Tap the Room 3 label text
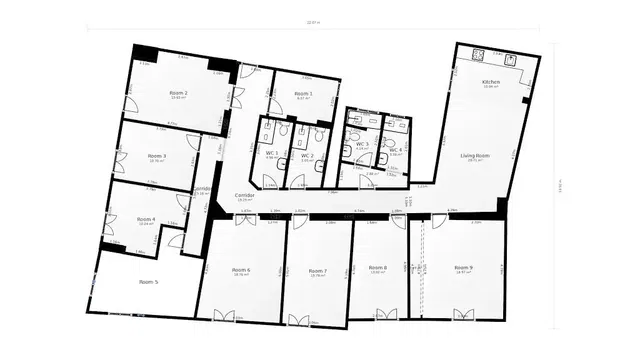[157, 156]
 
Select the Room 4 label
[146, 219]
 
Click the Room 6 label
[241, 270]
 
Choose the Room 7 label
[318, 271]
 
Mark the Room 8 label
[377, 268]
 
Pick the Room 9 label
[463, 268]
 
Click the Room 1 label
[303, 93]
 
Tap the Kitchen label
[491, 81]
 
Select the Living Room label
[474, 156]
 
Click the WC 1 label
[271, 153]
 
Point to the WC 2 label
[306, 156]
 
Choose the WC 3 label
[362, 145]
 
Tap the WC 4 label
[395, 149]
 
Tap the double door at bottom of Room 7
[299, 320]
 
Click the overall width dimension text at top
[316, 22]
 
